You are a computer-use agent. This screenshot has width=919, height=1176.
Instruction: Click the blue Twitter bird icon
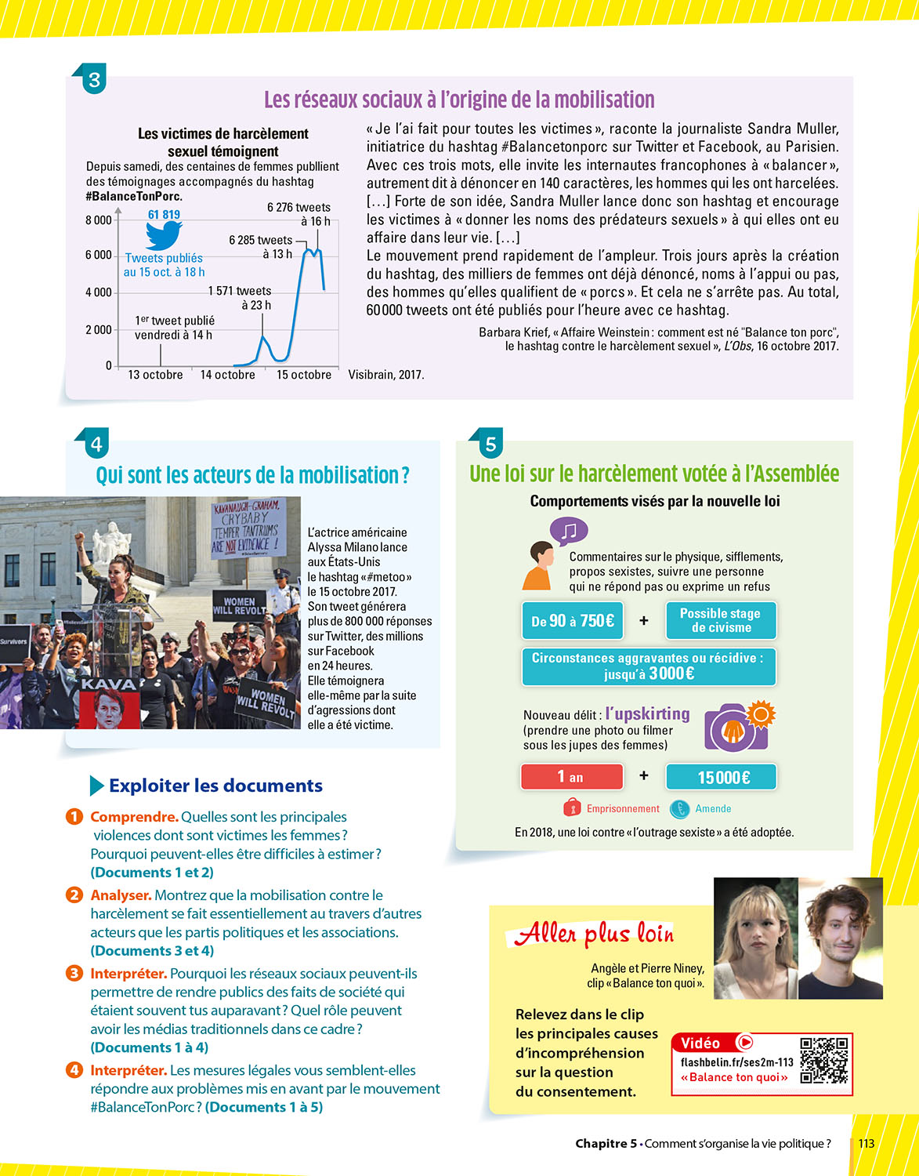[x=164, y=235]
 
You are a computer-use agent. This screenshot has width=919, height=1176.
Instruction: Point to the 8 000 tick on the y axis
[x=99, y=220]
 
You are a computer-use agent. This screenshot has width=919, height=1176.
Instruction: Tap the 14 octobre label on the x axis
[x=227, y=375]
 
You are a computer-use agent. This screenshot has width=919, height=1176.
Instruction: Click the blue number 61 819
[x=164, y=215]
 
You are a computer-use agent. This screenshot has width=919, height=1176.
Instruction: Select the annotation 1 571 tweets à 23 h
[x=240, y=298]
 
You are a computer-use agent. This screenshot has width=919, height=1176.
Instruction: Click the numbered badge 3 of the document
[x=94, y=80]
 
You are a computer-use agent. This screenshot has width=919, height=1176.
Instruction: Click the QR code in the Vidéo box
[x=824, y=1061]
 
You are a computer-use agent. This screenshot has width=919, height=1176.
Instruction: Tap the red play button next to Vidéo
[x=746, y=1042]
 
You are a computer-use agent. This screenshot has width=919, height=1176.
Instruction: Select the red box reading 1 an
[x=571, y=777]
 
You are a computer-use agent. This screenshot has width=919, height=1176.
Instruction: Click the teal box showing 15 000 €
[x=721, y=777]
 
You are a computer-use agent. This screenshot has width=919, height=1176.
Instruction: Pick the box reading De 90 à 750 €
[x=573, y=621]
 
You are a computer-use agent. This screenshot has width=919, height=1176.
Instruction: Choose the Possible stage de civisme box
[x=720, y=620]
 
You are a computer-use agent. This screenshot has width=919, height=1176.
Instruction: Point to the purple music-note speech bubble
[x=569, y=532]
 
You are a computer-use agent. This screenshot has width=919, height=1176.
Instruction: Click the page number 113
[x=866, y=1143]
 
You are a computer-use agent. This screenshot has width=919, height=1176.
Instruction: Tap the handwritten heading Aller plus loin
[x=594, y=933]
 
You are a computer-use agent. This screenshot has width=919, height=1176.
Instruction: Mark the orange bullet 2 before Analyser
[x=74, y=895]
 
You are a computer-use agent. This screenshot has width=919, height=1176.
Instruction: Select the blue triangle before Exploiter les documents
[x=97, y=786]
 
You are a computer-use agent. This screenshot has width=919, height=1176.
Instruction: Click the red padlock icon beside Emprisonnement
[x=572, y=808]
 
